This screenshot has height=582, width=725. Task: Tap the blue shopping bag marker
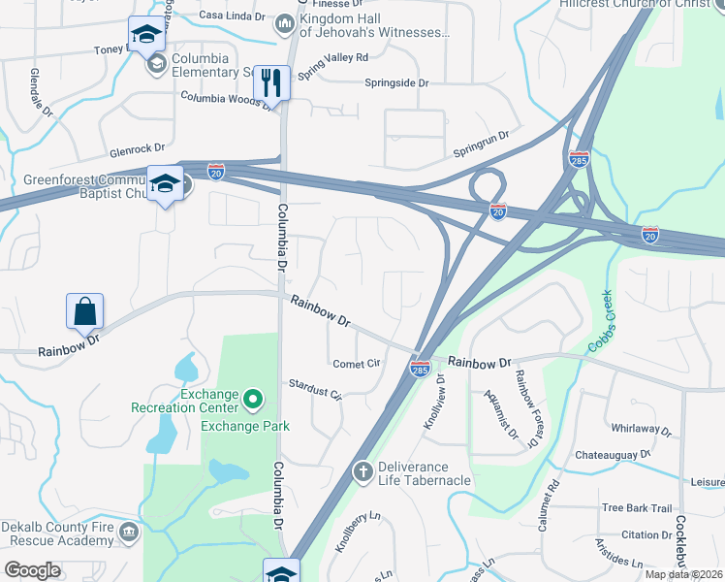coord(85,312)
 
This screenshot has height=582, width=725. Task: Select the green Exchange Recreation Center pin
coord(253,399)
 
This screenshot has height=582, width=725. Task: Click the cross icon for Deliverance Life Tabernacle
coord(363,472)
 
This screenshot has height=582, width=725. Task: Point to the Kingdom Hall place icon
coord(285,22)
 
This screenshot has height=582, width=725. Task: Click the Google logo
coord(32,570)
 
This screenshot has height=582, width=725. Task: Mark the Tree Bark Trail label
coord(636,507)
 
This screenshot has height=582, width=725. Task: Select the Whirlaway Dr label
coord(641,428)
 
